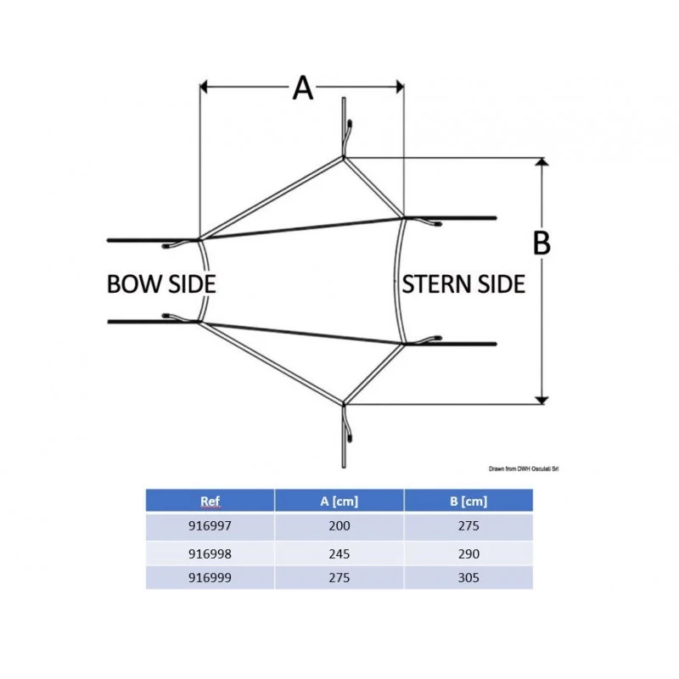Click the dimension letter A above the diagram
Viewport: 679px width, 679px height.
[303, 87]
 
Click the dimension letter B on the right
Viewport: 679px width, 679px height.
[542, 244]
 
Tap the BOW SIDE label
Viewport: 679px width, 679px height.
[161, 283]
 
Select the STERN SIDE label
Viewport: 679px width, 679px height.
[463, 283]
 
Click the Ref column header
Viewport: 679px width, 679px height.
[210, 501]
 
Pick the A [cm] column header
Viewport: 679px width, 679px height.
[339, 501]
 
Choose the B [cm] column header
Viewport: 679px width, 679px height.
[468, 501]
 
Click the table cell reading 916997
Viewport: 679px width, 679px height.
[210, 526]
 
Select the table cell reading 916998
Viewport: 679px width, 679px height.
[210, 553]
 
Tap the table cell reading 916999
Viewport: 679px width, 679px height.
[210, 577]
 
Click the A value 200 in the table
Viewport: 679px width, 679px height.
[339, 526]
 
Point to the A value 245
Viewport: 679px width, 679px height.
[339, 553]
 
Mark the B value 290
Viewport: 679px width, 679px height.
[468, 553]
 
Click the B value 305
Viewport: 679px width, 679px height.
[468, 577]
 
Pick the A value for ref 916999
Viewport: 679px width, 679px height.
[339, 577]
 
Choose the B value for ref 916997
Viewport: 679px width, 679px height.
[468, 526]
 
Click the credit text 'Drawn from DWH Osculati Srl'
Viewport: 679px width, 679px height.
[526, 469]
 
